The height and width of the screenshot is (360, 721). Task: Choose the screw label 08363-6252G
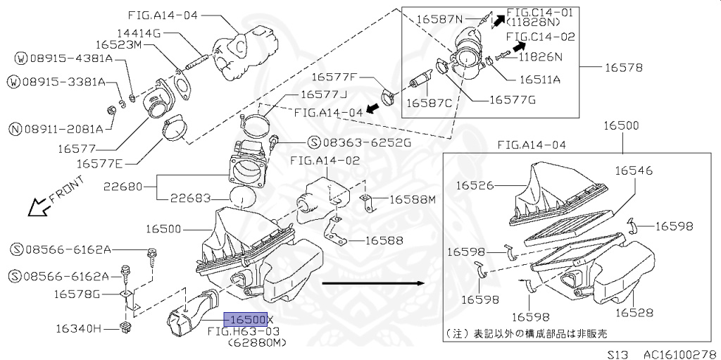click(x=358, y=142)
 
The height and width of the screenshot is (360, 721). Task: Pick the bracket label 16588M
click(x=413, y=199)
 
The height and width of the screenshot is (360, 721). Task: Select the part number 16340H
click(x=82, y=328)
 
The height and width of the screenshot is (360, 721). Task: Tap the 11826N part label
click(x=541, y=56)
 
